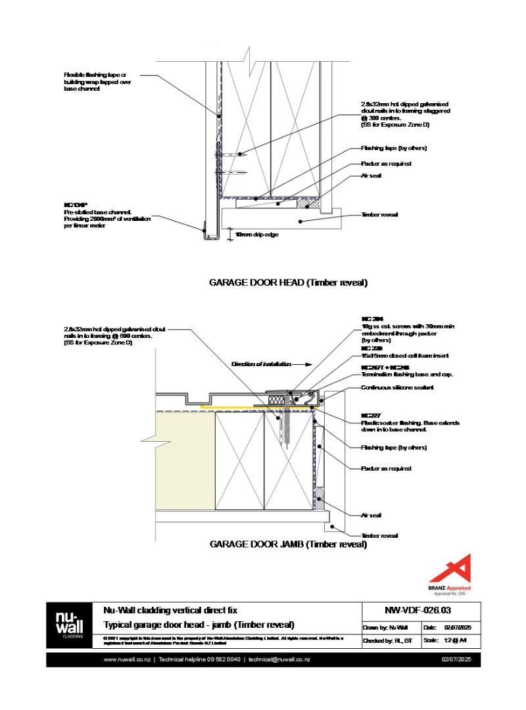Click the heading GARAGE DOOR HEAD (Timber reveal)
coord(288,283)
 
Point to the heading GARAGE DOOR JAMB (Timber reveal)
coord(288,544)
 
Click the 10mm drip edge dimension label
coord(256,233)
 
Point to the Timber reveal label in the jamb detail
coord(379,536)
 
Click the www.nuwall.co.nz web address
coord(128,659)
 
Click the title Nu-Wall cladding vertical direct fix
coord(175,609)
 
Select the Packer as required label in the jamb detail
coord(386,469)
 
